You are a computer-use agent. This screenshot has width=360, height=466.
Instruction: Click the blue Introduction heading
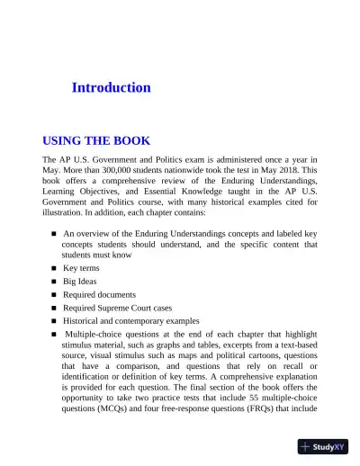coord(111,88)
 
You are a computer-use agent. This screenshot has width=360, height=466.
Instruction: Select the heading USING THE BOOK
coord(96,141)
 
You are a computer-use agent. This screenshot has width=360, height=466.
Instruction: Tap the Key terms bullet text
coord(81,268)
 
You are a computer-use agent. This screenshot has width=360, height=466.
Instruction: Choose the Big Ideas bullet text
coord(80,281)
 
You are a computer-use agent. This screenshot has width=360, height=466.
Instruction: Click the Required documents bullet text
coord(99,294)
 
